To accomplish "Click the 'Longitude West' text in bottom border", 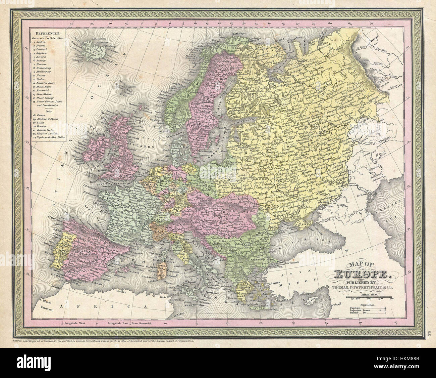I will coord(75,323).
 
